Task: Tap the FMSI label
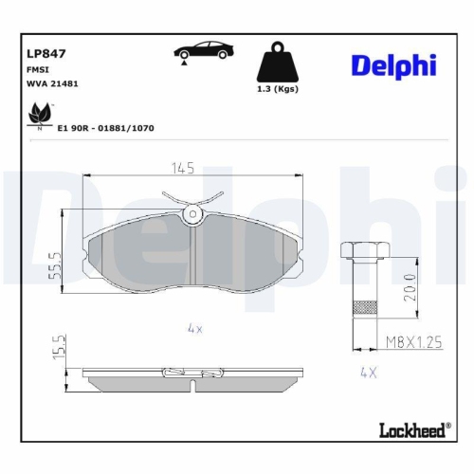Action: [39, 71]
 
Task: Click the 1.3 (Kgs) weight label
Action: [278, 90]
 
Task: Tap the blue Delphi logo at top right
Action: [392, 64]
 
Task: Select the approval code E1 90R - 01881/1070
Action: [106, 126]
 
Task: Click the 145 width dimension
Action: [183, 169]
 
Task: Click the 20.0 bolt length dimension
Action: [408, 284]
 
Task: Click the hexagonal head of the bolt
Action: [364, 250]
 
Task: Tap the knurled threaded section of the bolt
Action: [364, 308]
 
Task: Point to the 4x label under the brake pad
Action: [195, 328]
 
